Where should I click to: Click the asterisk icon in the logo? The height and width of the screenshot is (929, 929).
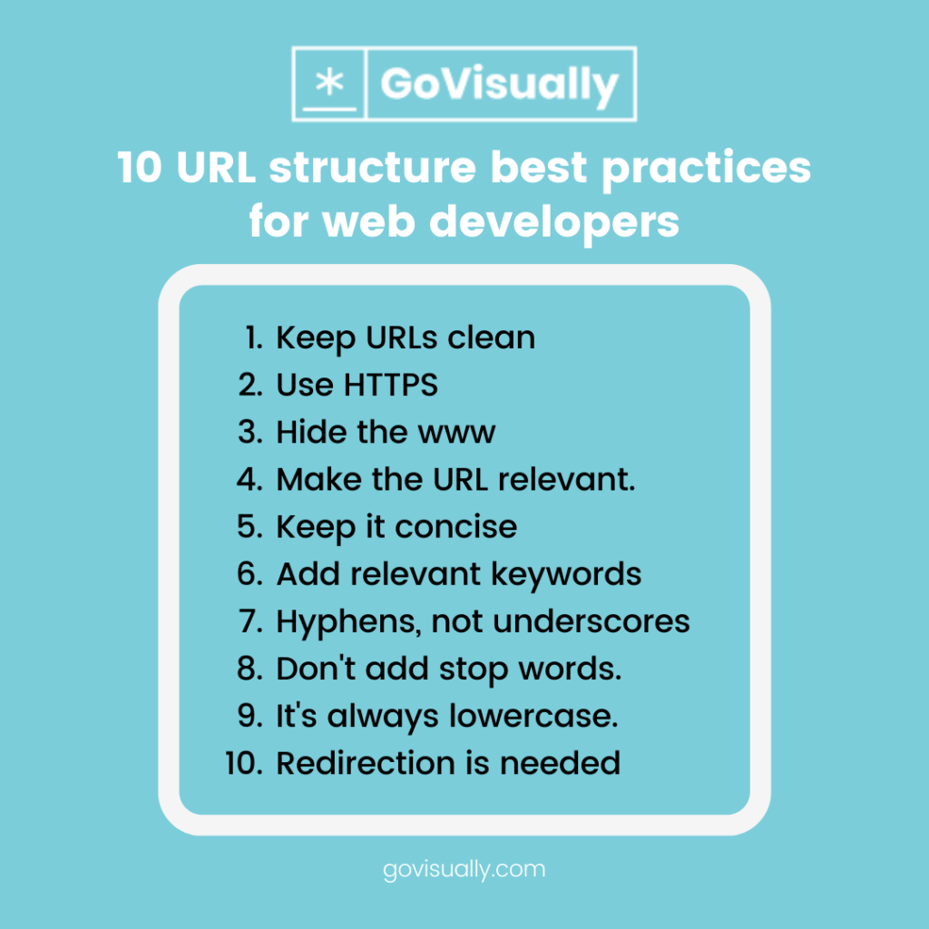pyautogui.click(x=328, y=83)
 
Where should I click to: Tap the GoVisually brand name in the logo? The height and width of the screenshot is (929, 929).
pyautogui.click(x=499, y=84)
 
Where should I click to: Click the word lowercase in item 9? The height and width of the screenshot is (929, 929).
pyautogui.click(x=533, y=716)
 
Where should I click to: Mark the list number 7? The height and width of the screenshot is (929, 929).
pyautogui.click(x=250, y=621)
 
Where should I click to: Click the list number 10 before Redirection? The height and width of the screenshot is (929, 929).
pyautogui.click(x=243, y=763)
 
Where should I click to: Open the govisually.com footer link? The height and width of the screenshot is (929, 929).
pyautogui.click(x=464, y=869)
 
